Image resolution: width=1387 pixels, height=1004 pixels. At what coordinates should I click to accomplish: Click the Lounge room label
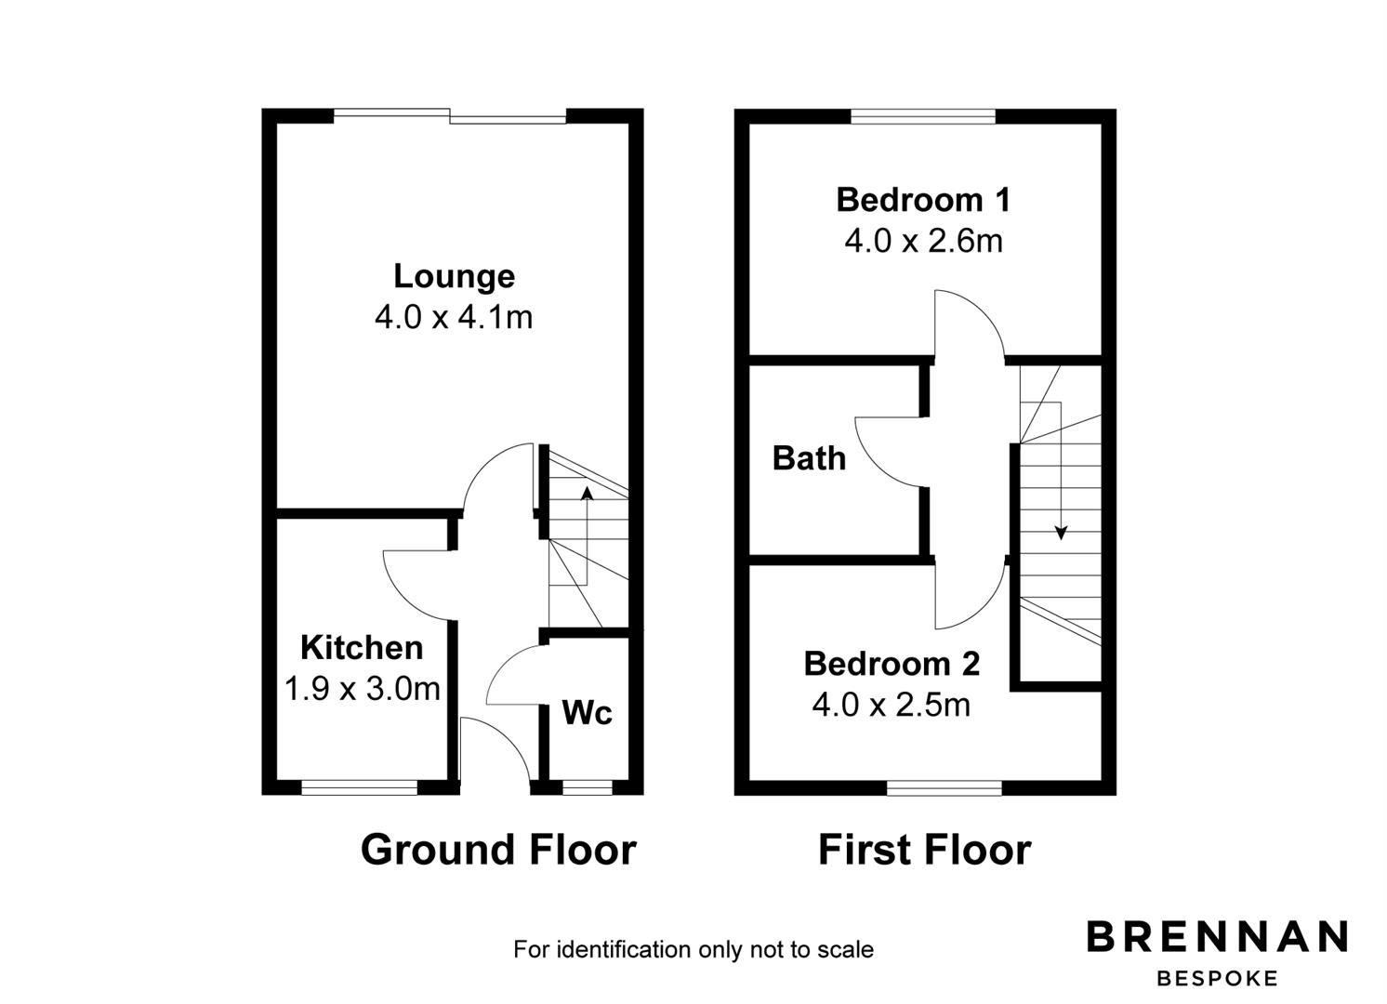pos(454,277)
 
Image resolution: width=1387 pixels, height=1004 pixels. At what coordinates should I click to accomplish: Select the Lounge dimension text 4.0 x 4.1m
pos(454,318)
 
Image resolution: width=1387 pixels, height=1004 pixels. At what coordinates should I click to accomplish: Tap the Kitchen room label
pos(362,648)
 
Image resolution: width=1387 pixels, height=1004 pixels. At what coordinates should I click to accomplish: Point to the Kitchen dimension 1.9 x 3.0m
pos(363,689)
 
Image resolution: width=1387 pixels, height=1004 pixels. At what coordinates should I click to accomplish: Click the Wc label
pos(587,712)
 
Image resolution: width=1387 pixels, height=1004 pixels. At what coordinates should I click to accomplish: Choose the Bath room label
pos(809,458)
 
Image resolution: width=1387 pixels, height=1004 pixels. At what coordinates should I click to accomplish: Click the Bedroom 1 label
pos(923,200)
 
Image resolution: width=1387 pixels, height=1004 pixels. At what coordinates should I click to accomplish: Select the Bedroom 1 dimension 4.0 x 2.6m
pos(923,241)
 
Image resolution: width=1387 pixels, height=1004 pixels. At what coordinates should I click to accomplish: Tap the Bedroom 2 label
pos(892,664)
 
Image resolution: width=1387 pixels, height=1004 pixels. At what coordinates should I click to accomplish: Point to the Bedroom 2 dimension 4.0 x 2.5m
pos(891,705)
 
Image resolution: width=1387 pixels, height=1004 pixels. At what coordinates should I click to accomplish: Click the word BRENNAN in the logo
pos(1217,936)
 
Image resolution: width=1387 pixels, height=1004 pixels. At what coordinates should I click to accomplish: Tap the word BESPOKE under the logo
pos(1217,979)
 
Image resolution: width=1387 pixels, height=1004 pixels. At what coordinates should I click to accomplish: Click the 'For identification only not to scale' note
pos(693,949)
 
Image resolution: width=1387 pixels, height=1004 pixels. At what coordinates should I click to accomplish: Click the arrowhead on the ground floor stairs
pos(587,493)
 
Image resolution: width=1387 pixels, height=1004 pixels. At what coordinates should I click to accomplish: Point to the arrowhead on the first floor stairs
pos(1062,533)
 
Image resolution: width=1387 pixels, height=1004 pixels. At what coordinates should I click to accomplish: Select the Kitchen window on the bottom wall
pos(359,787)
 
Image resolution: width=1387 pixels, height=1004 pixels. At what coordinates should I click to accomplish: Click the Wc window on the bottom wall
pos(587,787)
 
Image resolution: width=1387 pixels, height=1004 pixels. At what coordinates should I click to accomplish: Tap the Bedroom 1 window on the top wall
pos(923,116)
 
